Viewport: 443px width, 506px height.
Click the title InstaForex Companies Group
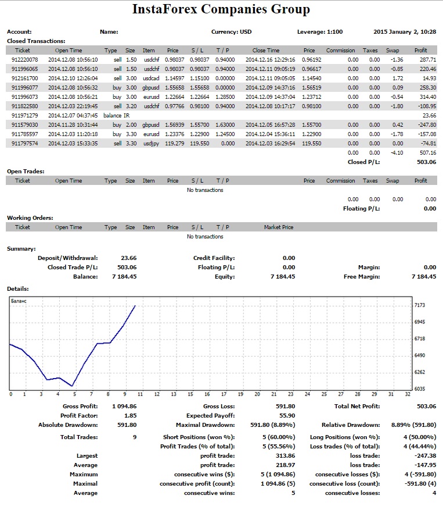(221, 9)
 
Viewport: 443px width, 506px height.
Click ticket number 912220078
(25, 60)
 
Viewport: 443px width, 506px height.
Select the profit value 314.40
(428, 97)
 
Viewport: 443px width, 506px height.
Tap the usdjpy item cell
(151, 144)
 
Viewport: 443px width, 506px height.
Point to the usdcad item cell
(152, 79)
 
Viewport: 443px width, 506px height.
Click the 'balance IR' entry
(116, 116)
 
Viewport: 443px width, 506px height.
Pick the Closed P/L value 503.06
(427, 162)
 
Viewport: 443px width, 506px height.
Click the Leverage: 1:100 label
(320, 32)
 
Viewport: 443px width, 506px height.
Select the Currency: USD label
(231, 32)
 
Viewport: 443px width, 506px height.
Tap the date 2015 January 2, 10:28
(405, 32)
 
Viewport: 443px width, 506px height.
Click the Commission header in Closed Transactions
(340, 51)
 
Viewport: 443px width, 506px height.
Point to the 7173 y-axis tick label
(419, 305)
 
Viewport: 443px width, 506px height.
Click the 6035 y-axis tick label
(419, 389)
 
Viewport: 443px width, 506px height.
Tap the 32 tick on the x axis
(408, 394)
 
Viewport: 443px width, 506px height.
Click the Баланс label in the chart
(19, 301)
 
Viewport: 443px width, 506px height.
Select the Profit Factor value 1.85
(131, 416)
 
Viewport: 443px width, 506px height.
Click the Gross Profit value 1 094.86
(124, 407)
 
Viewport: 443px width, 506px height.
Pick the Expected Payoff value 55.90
(287, 416)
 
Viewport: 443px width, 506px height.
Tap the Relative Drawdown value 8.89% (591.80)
(414, 425)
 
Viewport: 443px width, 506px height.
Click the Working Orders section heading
(30, 218)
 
